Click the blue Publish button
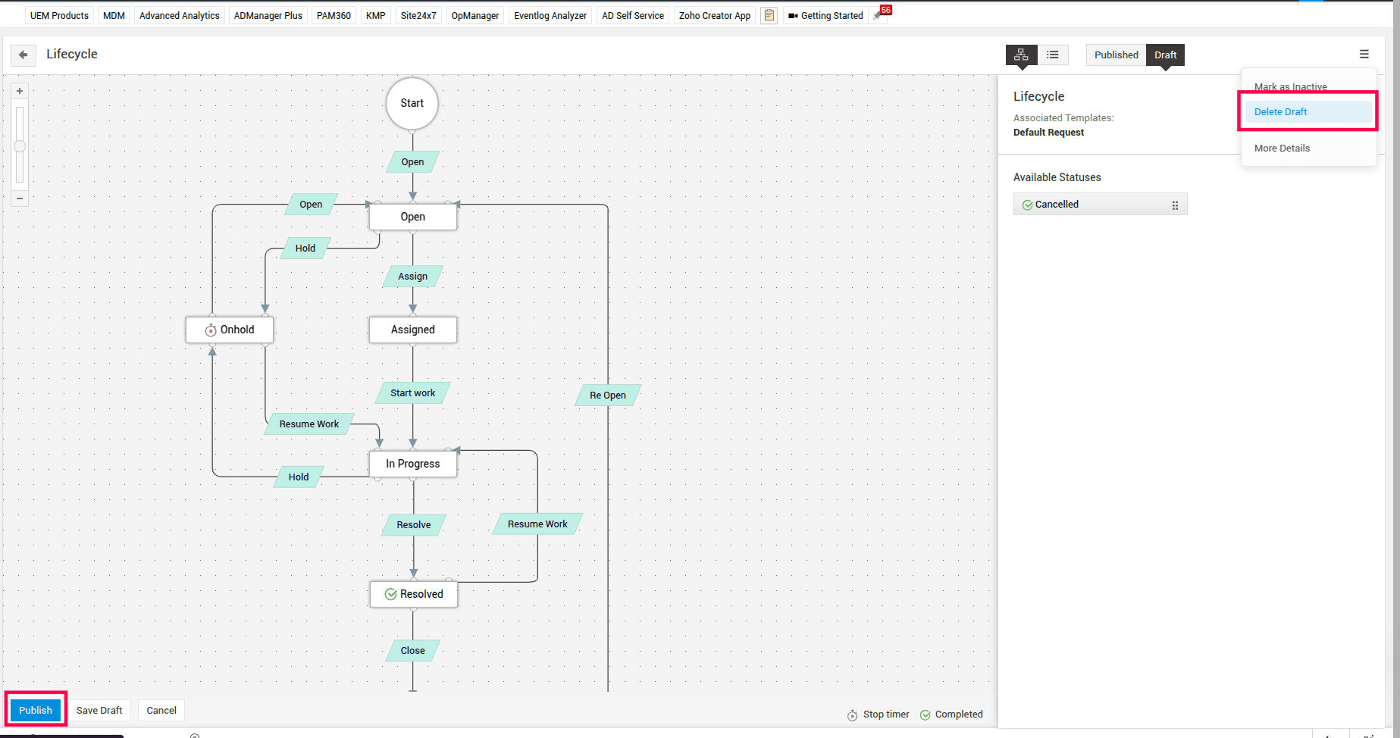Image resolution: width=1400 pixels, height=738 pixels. click(x=36, y=710)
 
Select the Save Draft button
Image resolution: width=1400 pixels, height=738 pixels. click(x=99, y=710)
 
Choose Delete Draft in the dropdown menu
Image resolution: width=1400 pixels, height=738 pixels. click(x=1280, y=111)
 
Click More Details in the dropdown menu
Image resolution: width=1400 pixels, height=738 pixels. click(x=1282, y=148)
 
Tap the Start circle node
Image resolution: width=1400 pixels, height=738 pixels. click(x=412, y=103)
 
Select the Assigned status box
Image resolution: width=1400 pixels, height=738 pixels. click(x=413, y=330)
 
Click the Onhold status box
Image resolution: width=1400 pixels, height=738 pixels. click(x=230, y=330)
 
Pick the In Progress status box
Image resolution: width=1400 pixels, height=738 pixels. click(x=413, y=464)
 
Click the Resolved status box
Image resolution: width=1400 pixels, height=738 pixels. click(x=414, y=594)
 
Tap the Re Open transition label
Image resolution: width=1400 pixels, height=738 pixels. click(x=608, y=395)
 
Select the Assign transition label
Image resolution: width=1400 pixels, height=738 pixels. click(x=413, y=276)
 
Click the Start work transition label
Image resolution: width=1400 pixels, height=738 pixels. click(x=413, y=392)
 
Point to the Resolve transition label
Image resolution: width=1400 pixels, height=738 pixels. click(x=414, y=524)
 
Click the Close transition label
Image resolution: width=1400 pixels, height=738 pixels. click(x=413, y=650)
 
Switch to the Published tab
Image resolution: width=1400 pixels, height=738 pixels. click(x=1116, y=55)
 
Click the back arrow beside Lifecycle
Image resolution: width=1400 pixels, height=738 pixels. click(x=23, y=55)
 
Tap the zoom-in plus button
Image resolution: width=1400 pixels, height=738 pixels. click(x=20, y=91)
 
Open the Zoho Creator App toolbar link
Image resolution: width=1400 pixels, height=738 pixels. click(x=714, y=15)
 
